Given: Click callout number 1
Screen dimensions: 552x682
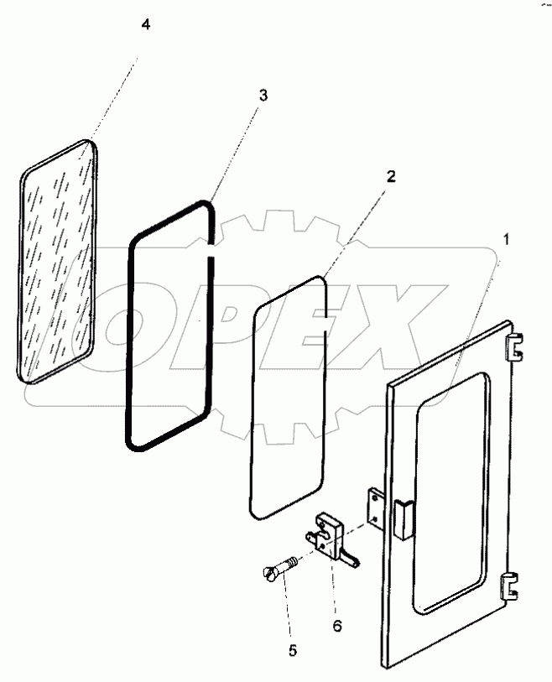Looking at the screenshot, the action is [506, 238].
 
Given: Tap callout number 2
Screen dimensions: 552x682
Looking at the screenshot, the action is [391, 176].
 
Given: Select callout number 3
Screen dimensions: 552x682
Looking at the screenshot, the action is [263, 96].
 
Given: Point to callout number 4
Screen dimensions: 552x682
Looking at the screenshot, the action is [146, 25].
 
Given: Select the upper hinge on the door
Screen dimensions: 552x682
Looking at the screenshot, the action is [514, 344].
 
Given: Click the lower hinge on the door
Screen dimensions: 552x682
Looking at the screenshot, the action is [510, 585].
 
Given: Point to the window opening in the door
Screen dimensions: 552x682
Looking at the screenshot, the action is [451, 495].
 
